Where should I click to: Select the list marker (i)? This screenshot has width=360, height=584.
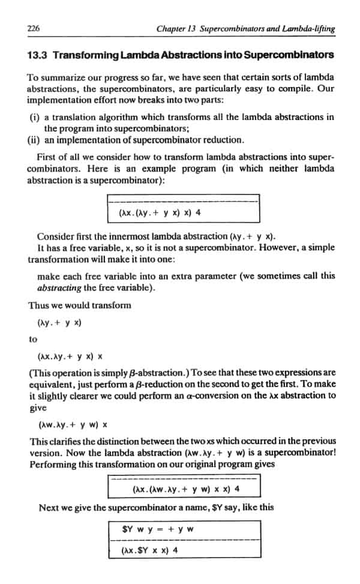click(34, 117)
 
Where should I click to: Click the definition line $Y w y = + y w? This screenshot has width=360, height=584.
click(157, 530)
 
